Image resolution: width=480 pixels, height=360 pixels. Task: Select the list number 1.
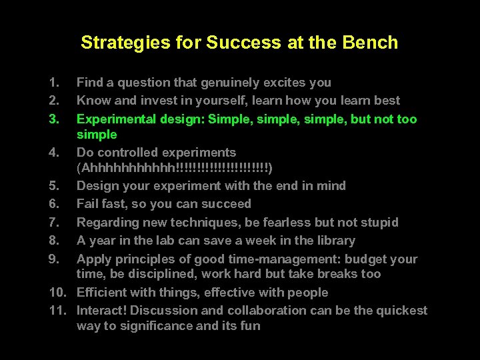point(53,83)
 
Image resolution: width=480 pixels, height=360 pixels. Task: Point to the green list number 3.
point(53,119)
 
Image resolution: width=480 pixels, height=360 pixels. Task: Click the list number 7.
point(53,222)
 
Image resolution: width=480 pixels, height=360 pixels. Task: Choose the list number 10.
point(56,292)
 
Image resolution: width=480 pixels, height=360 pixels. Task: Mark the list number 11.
point(56,310)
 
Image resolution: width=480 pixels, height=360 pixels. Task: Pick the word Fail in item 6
point(87,203)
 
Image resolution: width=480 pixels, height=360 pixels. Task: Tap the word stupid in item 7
point(378,222)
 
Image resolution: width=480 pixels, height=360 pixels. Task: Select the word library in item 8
point(334,240)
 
